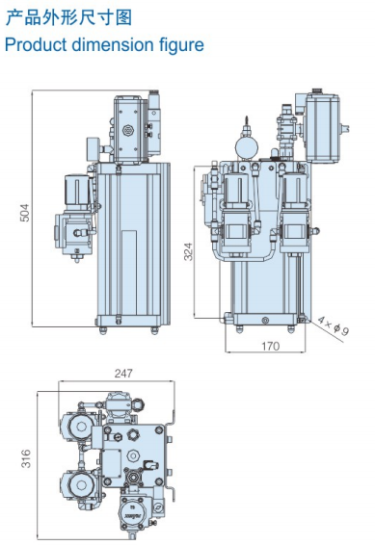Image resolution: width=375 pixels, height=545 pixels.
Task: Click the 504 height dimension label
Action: pyautogui.click(x=25, y=213)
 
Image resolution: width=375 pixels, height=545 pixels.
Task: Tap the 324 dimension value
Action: pyautogui.click(x=188, y=251)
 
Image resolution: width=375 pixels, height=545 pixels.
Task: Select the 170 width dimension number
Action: pyautogui.click(x=270, y=346)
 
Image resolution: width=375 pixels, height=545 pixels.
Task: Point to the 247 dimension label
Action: pyautogui.click(x=123, y=374)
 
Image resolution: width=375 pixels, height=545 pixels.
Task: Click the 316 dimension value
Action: pyautogui.click(x=26, y=458)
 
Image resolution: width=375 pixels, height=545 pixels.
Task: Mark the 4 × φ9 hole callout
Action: pyautogui.click(x=333, y=326)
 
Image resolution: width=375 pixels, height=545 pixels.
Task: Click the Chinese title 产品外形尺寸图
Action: pyautogui.click(x=68, y=17)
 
